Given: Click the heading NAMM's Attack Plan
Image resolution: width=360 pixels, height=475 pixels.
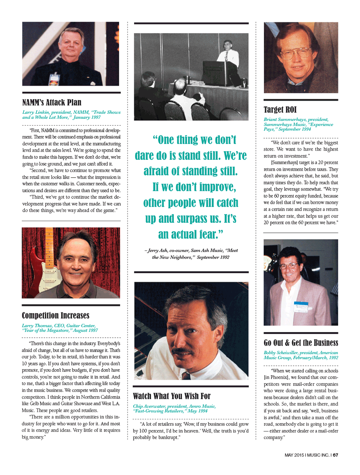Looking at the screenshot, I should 52,103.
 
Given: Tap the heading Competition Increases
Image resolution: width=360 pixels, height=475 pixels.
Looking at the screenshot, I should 55,315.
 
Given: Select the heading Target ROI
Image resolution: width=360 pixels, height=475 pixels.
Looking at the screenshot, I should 280,110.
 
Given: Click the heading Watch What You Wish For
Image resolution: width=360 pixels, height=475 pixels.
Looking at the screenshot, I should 172,396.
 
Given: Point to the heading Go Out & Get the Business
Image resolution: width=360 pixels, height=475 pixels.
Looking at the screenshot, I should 301,343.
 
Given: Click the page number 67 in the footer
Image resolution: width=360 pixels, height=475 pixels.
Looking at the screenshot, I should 336,455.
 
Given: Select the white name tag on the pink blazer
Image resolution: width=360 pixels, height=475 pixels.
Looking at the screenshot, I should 301,306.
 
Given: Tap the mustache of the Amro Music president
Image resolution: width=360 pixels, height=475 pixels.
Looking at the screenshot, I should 183,351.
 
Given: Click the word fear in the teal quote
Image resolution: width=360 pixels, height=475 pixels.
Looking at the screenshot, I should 209,235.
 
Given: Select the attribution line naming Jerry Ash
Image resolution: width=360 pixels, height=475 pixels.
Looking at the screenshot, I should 191,254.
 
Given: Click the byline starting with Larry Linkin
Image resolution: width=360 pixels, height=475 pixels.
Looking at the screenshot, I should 71,115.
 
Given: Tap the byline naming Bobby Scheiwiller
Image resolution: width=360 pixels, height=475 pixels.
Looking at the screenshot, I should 301,355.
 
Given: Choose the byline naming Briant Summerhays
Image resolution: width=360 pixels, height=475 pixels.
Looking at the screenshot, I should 298,124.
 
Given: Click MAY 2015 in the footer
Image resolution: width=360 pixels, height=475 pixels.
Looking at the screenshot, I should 294,455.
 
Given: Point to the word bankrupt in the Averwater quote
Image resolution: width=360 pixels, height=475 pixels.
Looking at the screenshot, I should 168,438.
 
